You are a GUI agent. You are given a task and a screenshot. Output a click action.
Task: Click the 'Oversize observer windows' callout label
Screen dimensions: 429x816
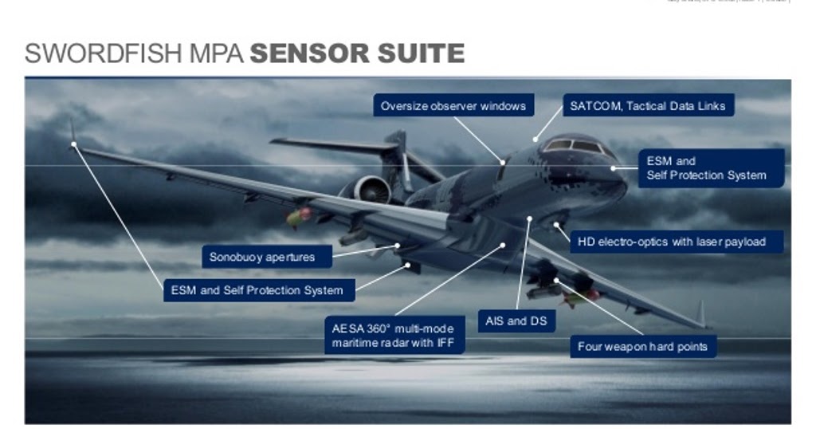pyautogui.click(x=453, y=105)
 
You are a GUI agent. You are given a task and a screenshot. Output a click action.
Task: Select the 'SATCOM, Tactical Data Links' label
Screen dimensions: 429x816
pyautogui.click(x=648, y=105)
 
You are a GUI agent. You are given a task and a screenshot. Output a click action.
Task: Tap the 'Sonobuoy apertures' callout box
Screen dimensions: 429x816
pyautogui.click(x=261, y=257)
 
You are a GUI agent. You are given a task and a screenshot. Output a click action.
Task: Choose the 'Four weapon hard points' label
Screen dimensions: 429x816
pyautogui.click(x=642, y=347)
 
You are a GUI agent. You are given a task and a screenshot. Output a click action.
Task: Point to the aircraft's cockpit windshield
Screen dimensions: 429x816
pyautogui.click(x=574, y=147)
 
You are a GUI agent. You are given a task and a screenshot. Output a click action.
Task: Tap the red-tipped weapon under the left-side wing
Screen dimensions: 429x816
pyautogui.click(x=300, y=215)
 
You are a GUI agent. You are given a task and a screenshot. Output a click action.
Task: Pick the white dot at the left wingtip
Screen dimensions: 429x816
pyautogui.click(x=73, y=144)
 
